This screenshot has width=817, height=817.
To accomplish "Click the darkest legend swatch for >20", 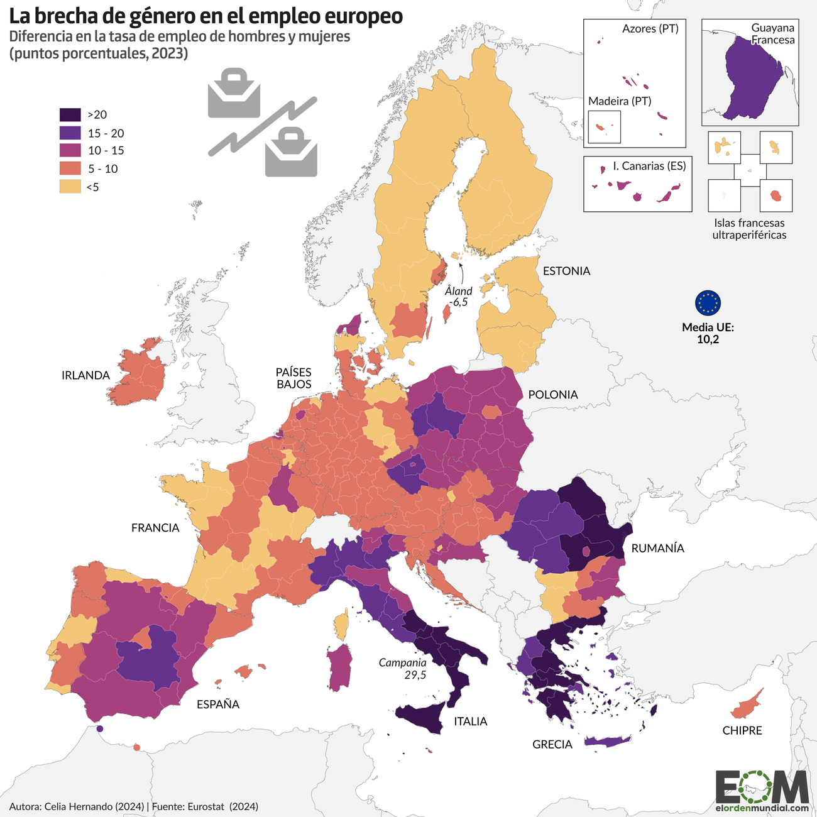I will click(x=70, y=114).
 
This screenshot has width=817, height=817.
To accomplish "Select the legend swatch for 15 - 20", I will click(x=70, y=133).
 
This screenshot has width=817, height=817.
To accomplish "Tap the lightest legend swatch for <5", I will click(x=70, y=187).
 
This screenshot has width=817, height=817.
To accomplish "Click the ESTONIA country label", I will click(x=566, y=271).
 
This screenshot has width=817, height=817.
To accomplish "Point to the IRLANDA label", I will click(x=85, y=375).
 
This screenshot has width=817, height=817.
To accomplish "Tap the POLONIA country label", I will click(x=552, y=395).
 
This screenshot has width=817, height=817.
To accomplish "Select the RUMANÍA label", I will click(x=657, y=548).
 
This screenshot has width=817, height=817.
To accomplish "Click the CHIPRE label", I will click(x=742, y=730).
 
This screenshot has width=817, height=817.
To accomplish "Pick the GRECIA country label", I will click(x=552, y=744).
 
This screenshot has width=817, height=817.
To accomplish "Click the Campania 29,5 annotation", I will click(x=403, y=669).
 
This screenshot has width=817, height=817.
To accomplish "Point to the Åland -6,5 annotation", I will click(x=458, y=297).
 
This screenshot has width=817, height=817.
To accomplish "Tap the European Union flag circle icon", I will click(x=708, y=303).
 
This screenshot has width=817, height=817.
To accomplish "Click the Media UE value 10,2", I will click(x=708, y=339).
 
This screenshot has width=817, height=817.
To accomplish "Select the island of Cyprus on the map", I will click(x=746, y=705).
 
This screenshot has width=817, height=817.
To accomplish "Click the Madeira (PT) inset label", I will click(x=619, y=101).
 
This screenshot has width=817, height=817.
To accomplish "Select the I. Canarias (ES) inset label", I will click(x=649, y=166).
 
